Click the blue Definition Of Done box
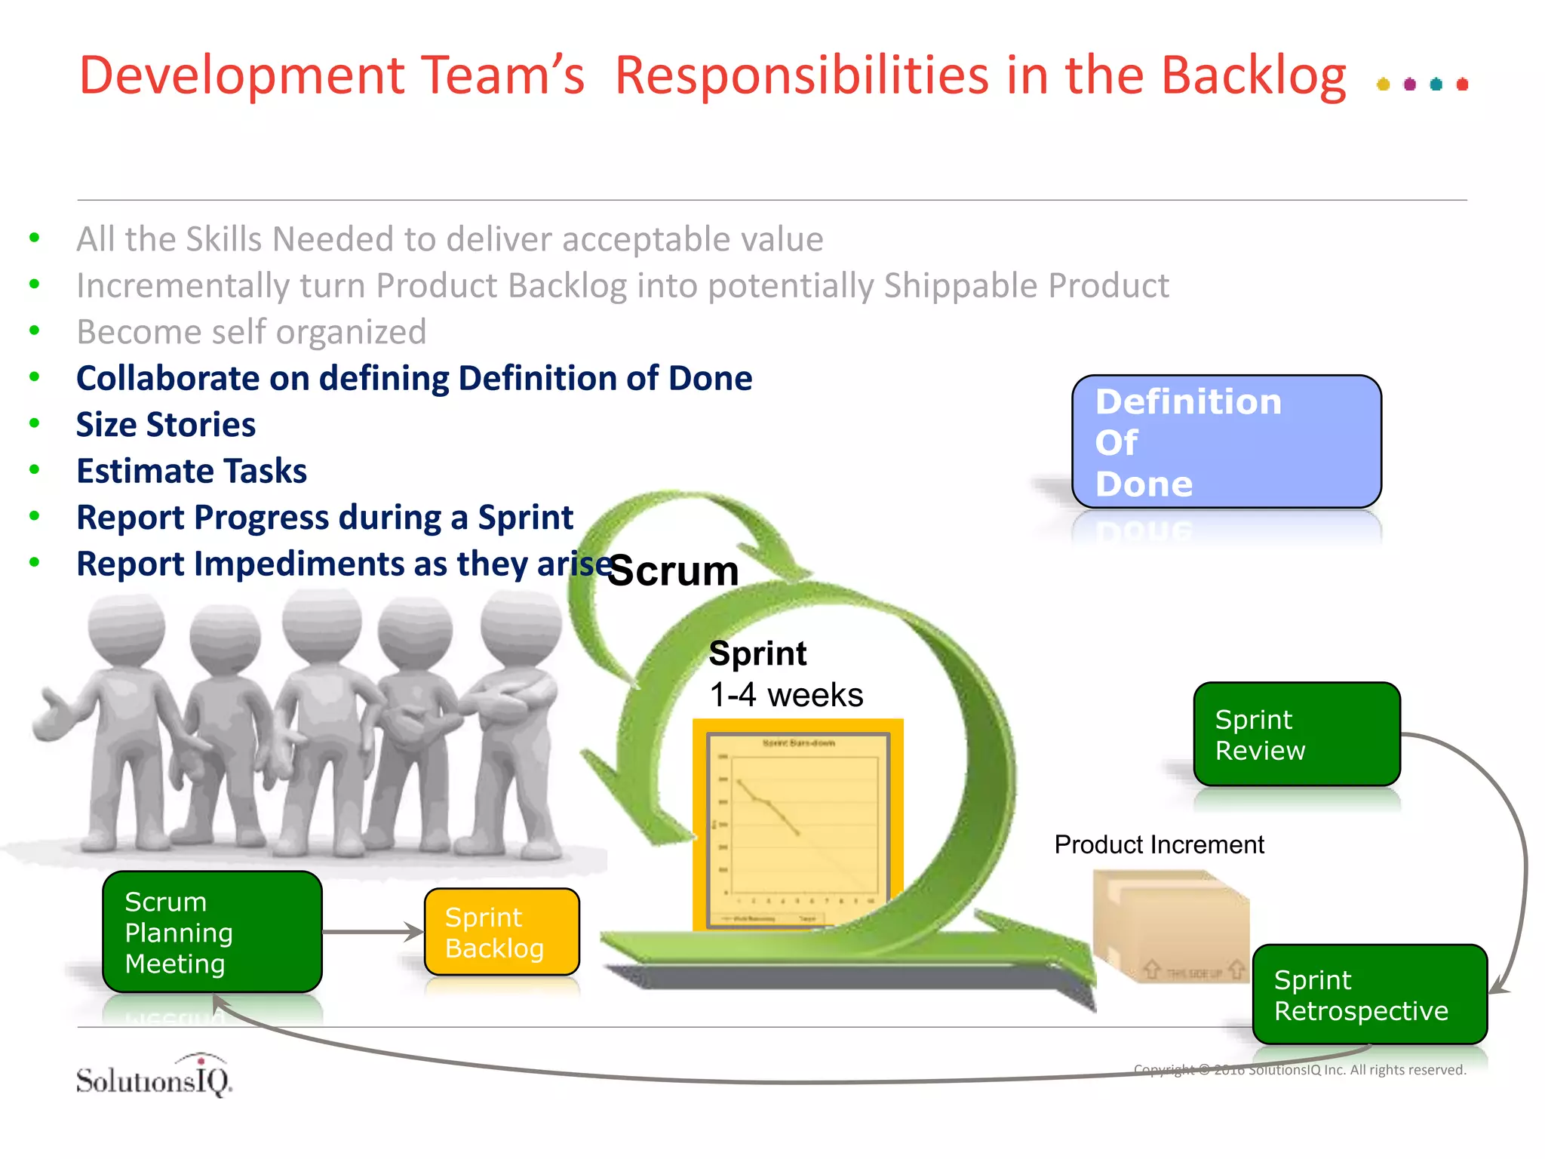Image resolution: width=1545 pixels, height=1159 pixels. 1226,441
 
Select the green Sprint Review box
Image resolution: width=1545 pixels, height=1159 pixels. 1296,734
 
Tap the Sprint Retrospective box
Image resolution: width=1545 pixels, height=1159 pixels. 1368,995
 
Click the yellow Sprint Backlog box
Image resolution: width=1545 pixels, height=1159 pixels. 502,932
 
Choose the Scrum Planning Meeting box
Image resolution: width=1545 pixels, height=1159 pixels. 212,932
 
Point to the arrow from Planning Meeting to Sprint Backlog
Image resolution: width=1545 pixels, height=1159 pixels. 373,932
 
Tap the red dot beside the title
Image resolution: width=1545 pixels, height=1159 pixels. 1462,84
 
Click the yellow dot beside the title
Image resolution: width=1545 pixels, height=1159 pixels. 1383,84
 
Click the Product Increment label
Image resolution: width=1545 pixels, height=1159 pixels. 1159,844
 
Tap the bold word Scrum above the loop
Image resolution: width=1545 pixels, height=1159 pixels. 673,570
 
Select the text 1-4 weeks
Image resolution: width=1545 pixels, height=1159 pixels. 786,695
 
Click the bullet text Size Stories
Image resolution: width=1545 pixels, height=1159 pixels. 166,425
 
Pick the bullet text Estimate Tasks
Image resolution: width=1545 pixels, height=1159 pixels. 192,472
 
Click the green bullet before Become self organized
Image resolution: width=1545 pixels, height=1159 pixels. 34,330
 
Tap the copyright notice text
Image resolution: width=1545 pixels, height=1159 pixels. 1299,1070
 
